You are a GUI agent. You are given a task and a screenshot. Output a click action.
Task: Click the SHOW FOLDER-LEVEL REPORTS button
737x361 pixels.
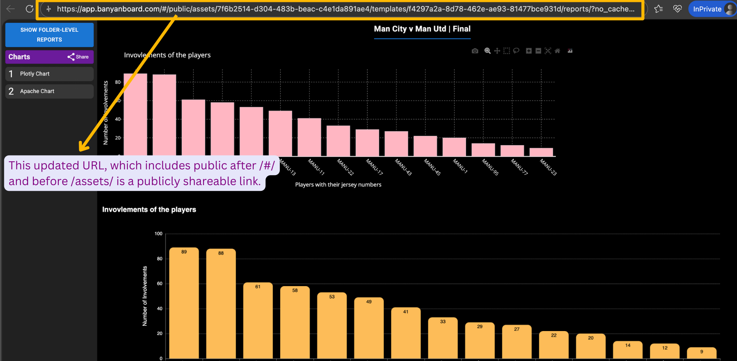point(49,35)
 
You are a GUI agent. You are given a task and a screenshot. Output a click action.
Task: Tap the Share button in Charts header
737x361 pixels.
point(78,57)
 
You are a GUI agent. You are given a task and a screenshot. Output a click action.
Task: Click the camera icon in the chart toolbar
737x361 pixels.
point(475,51)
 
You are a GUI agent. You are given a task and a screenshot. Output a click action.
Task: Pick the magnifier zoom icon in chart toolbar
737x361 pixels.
point(487,51)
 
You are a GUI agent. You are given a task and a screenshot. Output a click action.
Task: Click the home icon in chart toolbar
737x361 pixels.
point(557,51)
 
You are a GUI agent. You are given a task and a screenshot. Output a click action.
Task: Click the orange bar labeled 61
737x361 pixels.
point(258,320)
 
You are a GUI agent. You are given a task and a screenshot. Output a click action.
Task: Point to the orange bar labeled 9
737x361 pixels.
point(701,353)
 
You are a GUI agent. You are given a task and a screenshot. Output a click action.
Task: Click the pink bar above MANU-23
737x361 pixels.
point(541,152)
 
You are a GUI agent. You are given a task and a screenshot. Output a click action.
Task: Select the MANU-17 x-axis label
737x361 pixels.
point(374,167)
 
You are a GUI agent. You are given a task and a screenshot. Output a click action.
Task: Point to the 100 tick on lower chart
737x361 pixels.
point(158,233)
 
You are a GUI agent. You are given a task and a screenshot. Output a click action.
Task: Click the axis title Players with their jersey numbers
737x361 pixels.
point(338,185)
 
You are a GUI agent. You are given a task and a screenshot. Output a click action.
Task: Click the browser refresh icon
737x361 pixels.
point(30,9)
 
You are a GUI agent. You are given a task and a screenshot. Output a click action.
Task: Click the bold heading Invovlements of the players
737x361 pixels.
point(149,210)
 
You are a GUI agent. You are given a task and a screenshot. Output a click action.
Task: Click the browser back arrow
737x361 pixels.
point(11,9)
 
